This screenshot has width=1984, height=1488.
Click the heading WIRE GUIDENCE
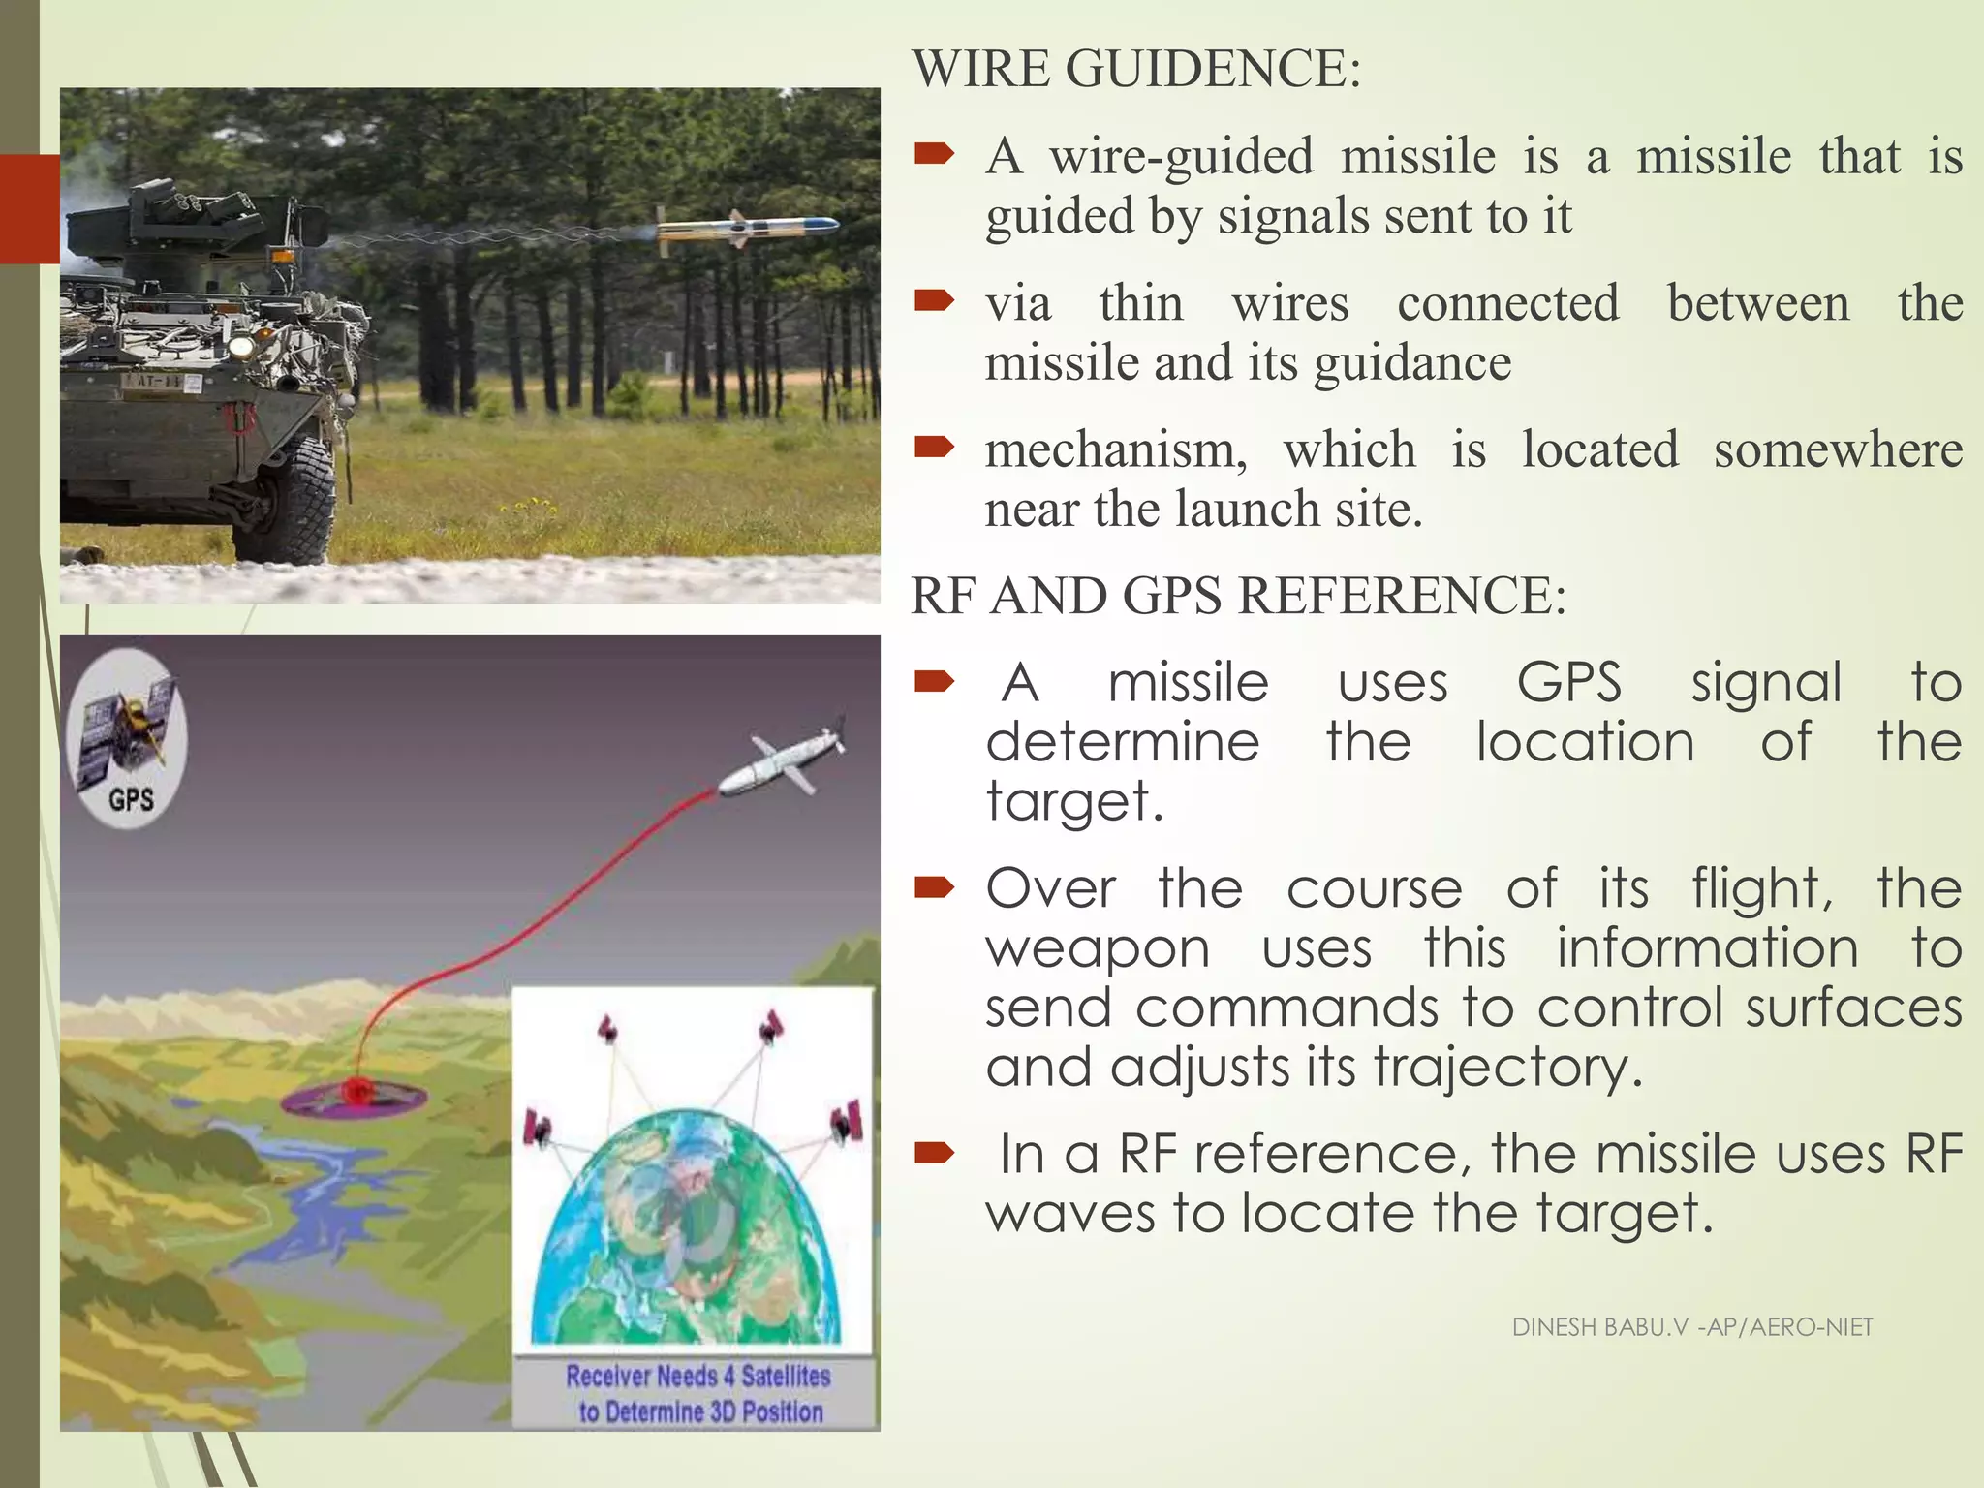(1135, 70)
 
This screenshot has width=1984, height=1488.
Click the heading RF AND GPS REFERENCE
(1237, 596)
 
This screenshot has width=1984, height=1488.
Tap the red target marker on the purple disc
(356, 1092)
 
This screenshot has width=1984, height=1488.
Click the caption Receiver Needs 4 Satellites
(697, 1376)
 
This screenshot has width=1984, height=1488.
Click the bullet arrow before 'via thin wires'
(934, 302)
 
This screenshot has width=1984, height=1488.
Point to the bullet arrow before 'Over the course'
(934, 887)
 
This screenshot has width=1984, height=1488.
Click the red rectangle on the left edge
(29, 208)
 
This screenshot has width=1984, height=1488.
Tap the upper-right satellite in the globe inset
(771, 1027)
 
